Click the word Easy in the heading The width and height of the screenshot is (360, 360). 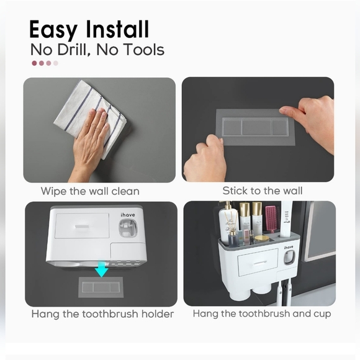coord(53,29)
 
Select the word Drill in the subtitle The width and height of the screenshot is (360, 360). coord(73,50)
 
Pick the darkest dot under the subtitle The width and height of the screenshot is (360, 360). coord(34,63)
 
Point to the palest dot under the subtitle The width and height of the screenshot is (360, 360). coord(56,63)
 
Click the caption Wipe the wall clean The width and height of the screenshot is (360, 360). coord(90,191)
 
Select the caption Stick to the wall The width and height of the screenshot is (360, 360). coord(263,191)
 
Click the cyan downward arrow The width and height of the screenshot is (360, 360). coord(101,269)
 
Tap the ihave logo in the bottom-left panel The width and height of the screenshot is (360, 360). coord(128,215)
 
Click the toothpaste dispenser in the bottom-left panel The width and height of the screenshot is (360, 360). coord(128,228)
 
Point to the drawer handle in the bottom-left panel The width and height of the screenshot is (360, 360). coord(82,226)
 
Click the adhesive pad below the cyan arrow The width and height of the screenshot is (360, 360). coord(101,287)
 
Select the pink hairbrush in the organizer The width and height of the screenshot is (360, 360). coord(272,219)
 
